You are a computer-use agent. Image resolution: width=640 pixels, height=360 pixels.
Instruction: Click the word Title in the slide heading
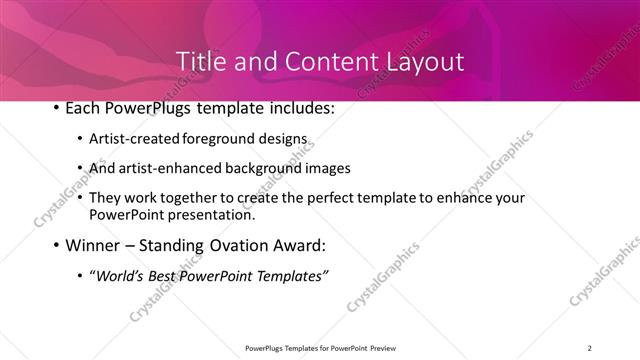(x=200, y=61)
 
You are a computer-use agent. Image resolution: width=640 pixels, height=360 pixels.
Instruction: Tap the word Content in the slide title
(x=323, y=61)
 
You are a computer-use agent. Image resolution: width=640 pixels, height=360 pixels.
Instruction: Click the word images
(x=325, y=168)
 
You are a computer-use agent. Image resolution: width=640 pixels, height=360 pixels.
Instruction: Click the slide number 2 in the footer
(x=590, y=348)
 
